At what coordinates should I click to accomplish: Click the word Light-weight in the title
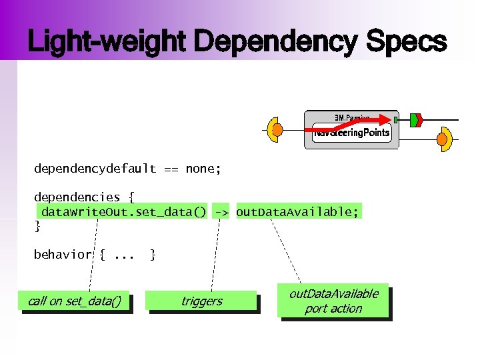[108, 42]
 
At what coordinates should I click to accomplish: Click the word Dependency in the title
[275, 42]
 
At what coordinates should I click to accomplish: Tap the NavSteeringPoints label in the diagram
[351, 133]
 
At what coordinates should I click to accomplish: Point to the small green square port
[395, 120]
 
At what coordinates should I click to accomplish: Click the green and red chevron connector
[415, 120]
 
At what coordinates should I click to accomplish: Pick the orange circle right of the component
[442, 139]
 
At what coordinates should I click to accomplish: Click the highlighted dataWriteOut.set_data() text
[123, 212]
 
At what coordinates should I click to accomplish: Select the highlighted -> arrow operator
[221, 212]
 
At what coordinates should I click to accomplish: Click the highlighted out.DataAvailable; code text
[297, 212]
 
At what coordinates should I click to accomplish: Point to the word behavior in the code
[63, 255]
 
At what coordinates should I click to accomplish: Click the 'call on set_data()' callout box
[75, 301]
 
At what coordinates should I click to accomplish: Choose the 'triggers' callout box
[201, 301]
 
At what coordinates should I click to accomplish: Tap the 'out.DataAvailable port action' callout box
[333, 301]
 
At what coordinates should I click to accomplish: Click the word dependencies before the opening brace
[77, 197]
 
